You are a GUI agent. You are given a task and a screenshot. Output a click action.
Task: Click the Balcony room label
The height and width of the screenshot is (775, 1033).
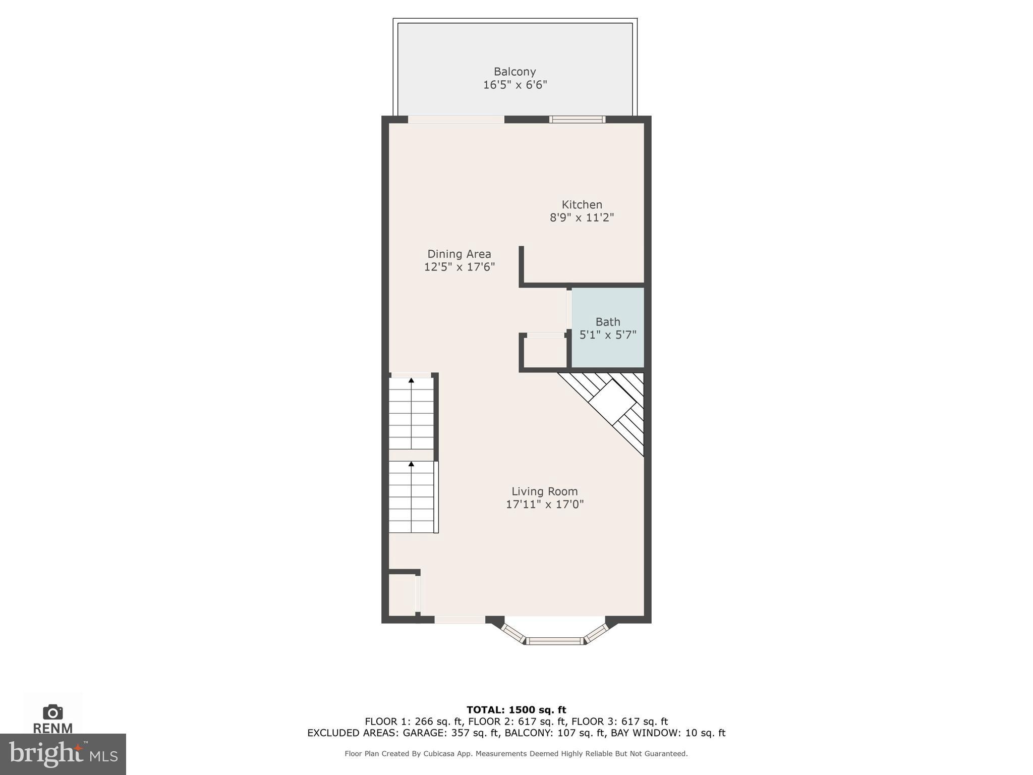514,72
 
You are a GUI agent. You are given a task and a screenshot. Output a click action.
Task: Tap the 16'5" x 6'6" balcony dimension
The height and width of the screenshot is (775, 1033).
514,85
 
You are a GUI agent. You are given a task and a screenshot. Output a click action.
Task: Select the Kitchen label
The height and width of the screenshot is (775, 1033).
582,204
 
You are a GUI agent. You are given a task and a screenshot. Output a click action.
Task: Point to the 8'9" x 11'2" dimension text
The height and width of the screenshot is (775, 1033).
582,217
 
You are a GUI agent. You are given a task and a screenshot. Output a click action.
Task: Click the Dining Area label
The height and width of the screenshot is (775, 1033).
459,254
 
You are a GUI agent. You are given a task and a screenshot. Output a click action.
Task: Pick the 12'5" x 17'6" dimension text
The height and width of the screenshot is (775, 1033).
459,267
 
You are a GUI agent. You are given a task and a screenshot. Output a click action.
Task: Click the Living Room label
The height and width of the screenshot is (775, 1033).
544,491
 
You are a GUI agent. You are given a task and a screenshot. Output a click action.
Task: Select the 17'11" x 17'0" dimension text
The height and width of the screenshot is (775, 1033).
544,504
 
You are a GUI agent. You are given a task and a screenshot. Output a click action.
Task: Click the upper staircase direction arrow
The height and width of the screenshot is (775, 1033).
411,380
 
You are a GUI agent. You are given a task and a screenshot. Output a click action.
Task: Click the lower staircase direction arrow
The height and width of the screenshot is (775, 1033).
411,463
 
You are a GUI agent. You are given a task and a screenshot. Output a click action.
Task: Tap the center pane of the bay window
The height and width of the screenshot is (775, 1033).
555,641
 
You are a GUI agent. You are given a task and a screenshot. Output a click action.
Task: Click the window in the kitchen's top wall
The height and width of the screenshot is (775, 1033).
577,120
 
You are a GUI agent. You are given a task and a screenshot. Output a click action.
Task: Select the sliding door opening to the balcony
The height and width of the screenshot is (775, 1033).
456,120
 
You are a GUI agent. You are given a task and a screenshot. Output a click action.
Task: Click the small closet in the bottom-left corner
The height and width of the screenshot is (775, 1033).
401,594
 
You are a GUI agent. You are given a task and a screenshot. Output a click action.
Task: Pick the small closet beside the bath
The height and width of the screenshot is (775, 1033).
545,352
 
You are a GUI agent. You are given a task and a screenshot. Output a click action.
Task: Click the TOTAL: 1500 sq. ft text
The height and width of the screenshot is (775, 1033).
516,710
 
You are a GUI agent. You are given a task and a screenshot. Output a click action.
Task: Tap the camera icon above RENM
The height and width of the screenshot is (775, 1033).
53,712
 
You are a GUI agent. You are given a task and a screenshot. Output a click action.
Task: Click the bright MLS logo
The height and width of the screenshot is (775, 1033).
63,754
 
